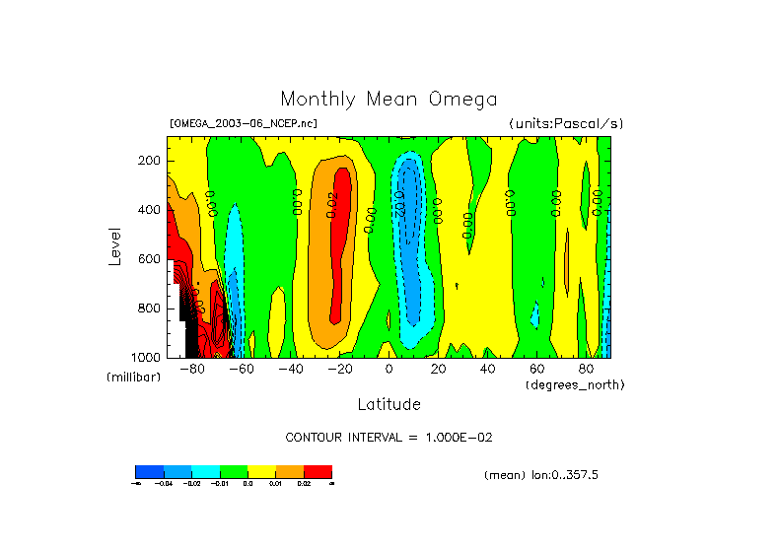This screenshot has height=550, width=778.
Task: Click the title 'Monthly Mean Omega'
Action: pos(389,99)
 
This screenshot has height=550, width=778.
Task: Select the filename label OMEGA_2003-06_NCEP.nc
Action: pos(244,123)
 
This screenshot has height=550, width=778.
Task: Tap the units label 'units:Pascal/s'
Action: pos(566,123)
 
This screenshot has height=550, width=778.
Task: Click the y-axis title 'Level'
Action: pos(115,245)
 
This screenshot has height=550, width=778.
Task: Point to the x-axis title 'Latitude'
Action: pos(389,404)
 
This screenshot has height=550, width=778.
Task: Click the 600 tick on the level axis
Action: pos(150,259)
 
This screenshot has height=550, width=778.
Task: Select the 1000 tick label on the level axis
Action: pos(147,357)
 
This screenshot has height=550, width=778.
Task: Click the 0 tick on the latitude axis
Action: pos(389,370)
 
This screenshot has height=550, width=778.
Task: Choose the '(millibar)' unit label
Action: pos(133,378)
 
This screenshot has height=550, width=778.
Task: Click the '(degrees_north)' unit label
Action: pos(575,384)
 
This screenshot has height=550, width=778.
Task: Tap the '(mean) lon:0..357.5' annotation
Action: pos(541,475)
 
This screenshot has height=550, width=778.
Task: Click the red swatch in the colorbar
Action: pos(318,471)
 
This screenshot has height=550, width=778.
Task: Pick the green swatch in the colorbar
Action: pos(233,471)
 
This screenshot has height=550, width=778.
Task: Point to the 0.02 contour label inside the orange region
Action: pos(332,202)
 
